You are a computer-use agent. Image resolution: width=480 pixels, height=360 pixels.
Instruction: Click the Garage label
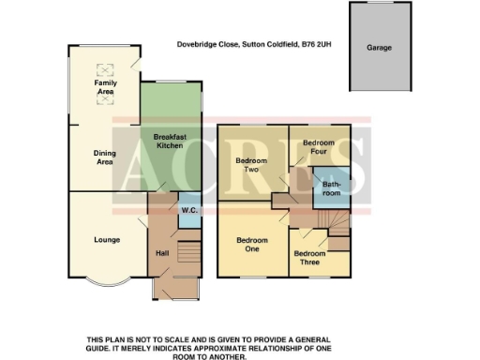[380, 47]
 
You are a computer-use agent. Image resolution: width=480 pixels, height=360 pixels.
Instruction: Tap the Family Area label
[104, 88]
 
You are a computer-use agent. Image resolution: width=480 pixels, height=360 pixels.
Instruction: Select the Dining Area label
[104, 157]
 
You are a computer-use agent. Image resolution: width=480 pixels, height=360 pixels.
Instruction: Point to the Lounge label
[106, 240]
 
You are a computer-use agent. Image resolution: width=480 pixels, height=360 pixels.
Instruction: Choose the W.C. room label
[187, 210]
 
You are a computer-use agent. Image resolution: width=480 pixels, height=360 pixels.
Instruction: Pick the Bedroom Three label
[309, 258]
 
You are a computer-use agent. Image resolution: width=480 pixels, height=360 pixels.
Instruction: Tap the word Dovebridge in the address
[200, 43]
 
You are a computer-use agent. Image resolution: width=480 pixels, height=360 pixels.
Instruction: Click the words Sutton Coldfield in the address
[266, 43]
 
